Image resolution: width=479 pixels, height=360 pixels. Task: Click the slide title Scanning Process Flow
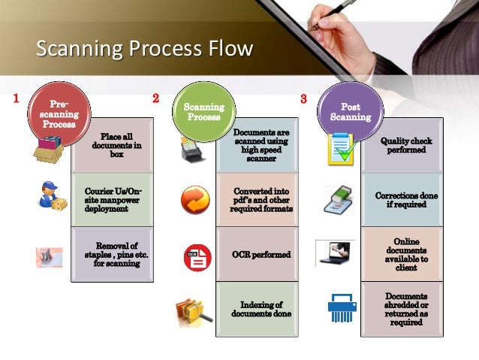point(146,50)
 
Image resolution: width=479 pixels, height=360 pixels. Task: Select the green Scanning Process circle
point(203,112)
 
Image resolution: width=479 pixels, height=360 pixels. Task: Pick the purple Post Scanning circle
point(350,112)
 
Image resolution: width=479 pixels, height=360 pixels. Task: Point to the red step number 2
point(155,98)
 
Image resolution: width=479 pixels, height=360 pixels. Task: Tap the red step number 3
point(303,98)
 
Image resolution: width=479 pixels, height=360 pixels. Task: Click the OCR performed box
point(261,255)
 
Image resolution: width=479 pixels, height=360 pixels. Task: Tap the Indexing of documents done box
point(261,309)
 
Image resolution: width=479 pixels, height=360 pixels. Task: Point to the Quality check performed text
point(406,145)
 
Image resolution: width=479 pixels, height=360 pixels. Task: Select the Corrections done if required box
point(406,200)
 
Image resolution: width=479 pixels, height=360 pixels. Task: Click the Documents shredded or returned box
point(406,309)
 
